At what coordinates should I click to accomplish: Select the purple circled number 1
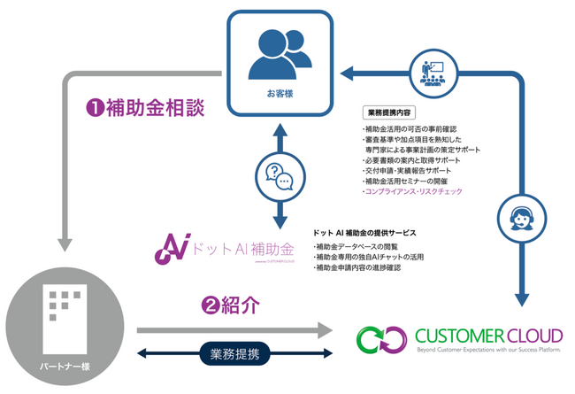93,109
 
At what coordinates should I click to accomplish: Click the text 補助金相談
156,109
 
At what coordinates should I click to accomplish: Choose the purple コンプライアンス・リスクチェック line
412,191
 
